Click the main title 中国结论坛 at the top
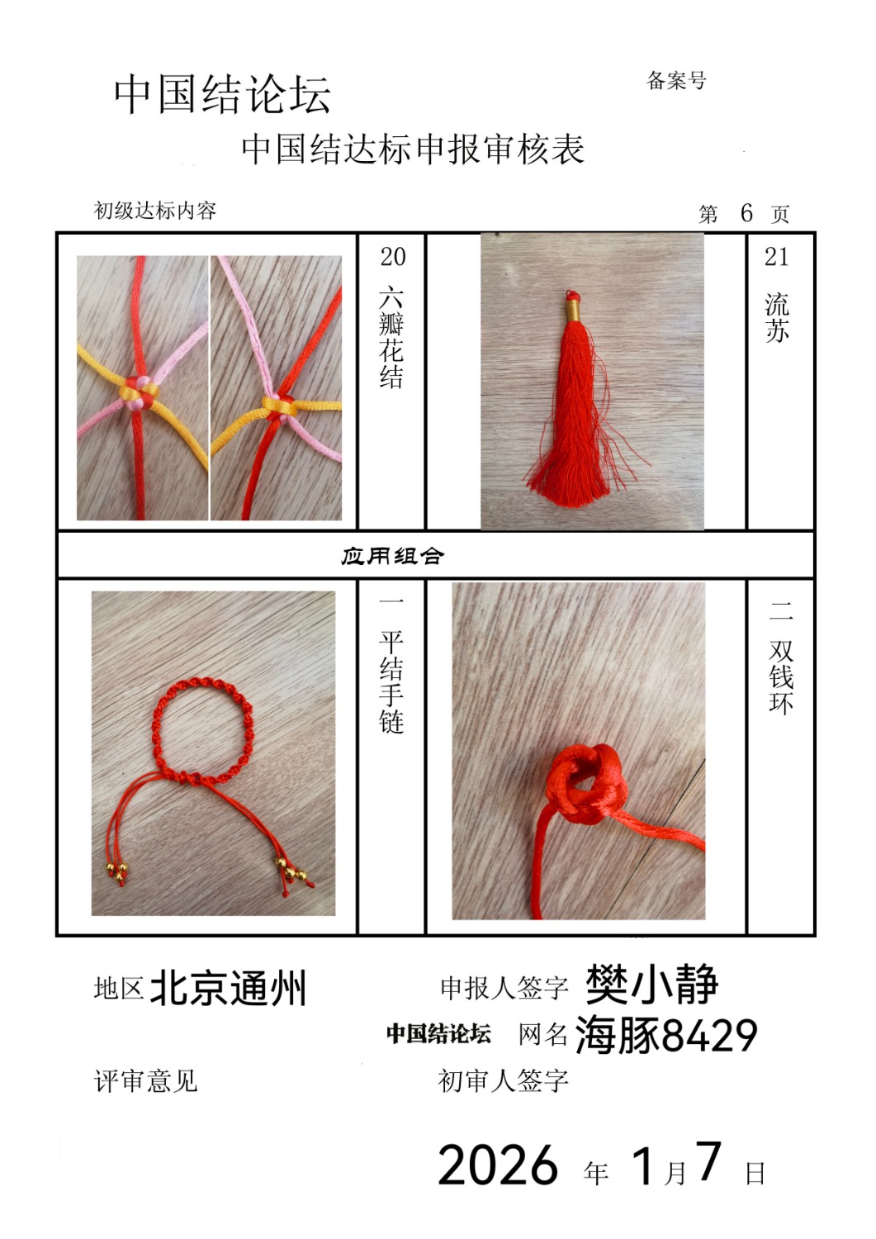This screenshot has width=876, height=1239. pos(222,95)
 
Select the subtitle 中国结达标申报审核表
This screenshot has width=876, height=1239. pos(413,149)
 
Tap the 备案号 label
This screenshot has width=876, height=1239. pos(676,81)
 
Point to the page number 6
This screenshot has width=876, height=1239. pos(746,213)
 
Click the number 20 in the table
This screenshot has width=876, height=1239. pos(393,257)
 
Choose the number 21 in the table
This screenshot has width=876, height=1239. pos(776,257)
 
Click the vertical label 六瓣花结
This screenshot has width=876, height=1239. pos(391,338)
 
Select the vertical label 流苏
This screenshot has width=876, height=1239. pos(777,318)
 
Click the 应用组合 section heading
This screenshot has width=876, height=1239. pos(392,557)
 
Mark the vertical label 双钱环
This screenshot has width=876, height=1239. pos(781,677)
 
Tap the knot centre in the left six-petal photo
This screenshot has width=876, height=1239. pos(139,392)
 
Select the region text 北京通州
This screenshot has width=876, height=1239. pos(228,989)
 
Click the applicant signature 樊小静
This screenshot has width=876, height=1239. pos(651,984)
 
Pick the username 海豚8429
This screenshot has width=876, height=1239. pos(666,1035)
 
